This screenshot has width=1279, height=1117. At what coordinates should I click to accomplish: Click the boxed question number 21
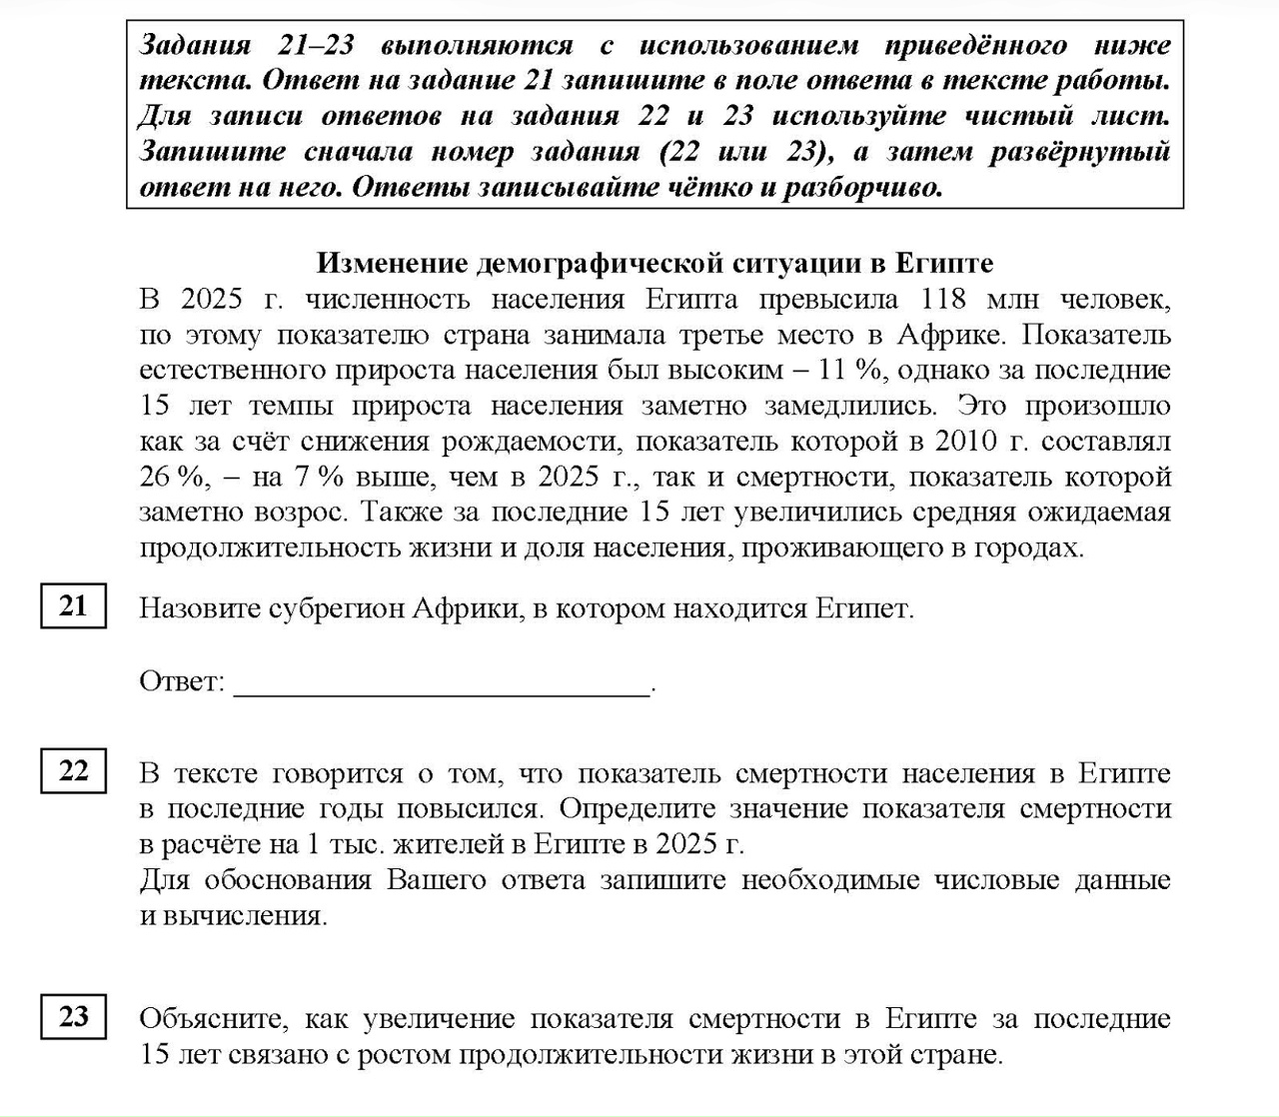[x=73, y=606]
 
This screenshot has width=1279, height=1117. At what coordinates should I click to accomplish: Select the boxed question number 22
[x=73, y=771]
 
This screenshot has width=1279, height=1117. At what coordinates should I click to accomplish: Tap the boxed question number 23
[x=73, y=1016]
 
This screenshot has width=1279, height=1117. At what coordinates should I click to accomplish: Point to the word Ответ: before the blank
[x=182, y=682]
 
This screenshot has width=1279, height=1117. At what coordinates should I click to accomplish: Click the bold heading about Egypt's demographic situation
[x=654, y=263]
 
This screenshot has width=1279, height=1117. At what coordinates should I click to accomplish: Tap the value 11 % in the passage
[x=850, y=371]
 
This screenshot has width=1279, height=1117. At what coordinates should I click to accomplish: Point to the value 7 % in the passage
[x=319, y=478]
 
